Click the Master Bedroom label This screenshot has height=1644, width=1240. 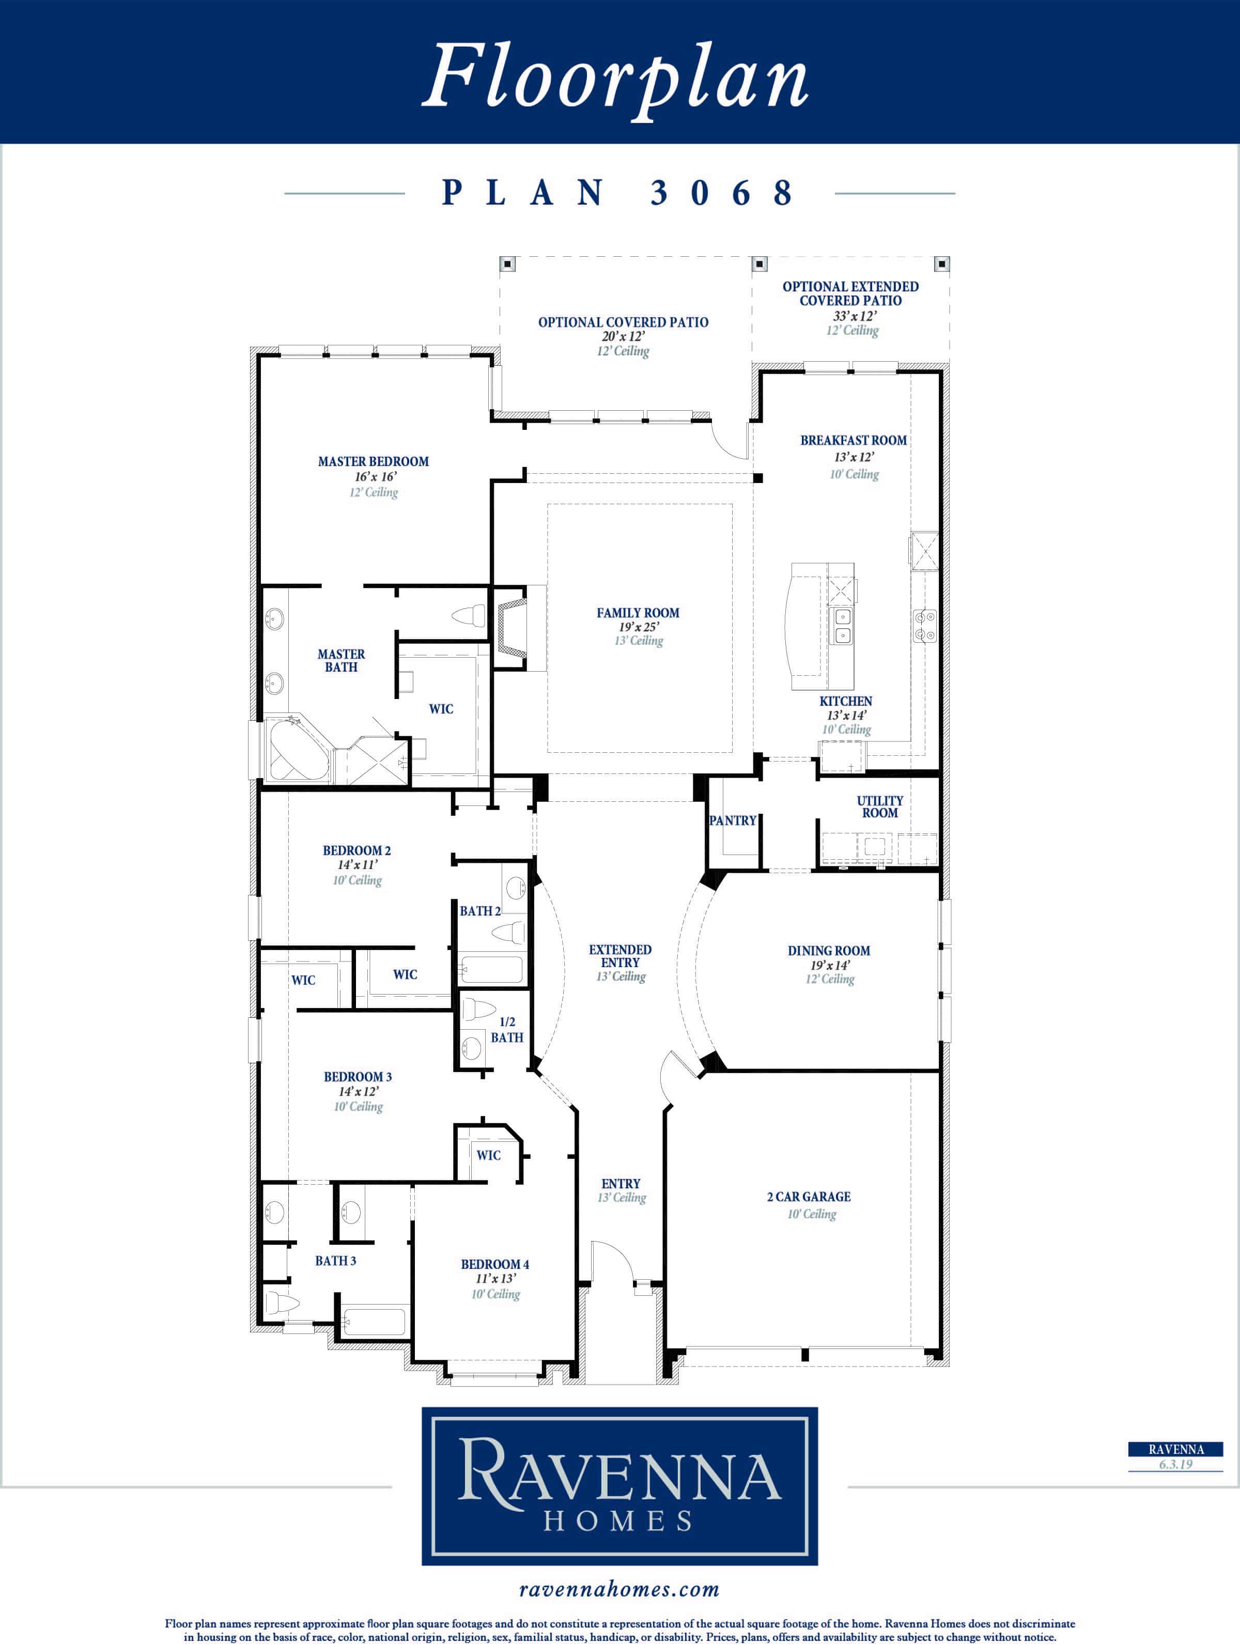pos(373,461)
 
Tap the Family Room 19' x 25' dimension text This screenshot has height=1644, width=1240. pos(638,627)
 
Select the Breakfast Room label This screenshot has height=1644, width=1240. pos(854,440)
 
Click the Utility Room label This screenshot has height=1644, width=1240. pos(880,807)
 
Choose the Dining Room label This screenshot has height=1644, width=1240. pos(829,951)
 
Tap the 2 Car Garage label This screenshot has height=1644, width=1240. pos(809,1197)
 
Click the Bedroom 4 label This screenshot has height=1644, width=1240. pos(495,1264)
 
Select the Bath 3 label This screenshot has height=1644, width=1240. pos(335,1261)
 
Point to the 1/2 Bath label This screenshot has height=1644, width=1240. pos(507,1029)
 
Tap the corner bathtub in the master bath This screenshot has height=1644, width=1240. pos(298,748)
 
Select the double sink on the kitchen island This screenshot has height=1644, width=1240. pos(842,625)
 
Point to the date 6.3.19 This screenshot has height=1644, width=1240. pos(1175,1464)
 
